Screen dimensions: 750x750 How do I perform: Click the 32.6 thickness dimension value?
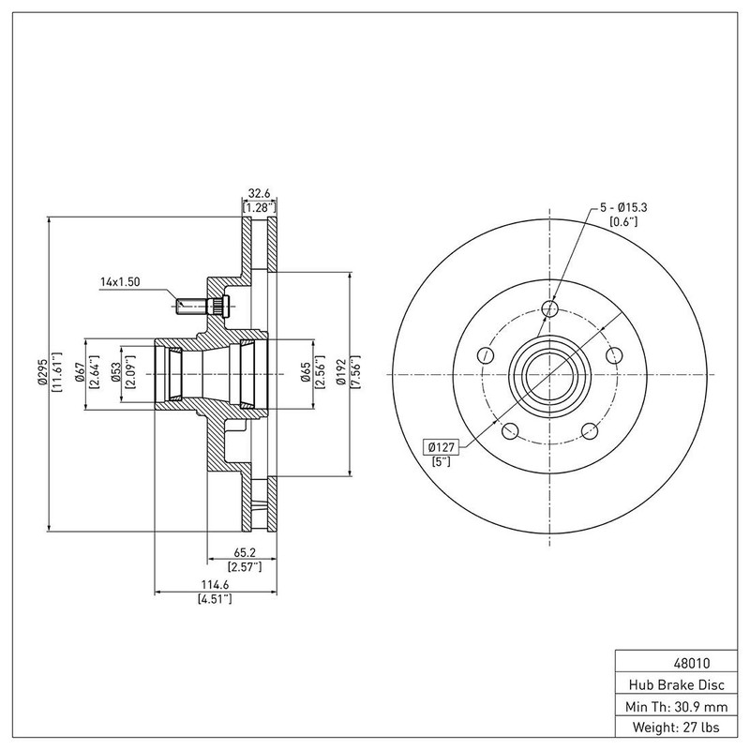(259, 194)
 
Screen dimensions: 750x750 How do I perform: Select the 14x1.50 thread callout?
(120, 282)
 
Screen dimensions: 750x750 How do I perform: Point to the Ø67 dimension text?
(80, 372)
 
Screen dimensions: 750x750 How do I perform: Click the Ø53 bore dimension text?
(115, 372)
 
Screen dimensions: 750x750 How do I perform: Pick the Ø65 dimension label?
(307, 372)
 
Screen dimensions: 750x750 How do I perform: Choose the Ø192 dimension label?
(341, 372)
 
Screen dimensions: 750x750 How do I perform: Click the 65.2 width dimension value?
(245, 552)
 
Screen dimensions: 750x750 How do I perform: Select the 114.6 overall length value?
(215, 584)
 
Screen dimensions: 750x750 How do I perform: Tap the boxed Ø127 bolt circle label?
(441, 447)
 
